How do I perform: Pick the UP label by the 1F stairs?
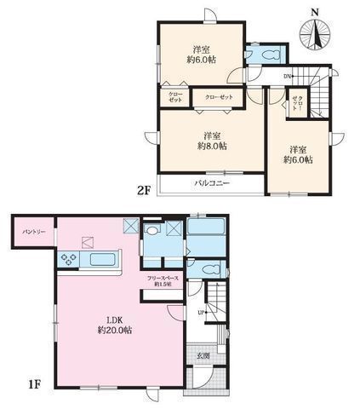(202, 313)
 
